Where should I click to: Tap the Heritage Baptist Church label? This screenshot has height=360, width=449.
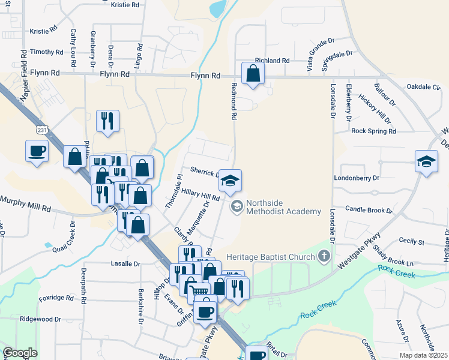pos(270,257)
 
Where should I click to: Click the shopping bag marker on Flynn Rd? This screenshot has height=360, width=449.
pos(253,74)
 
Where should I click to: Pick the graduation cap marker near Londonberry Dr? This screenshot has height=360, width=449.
pos(426,161)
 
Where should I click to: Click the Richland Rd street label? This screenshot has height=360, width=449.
pos(272,61)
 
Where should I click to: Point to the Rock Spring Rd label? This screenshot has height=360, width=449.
pos(374,131)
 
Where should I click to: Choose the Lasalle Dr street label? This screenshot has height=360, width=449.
pos(125,263)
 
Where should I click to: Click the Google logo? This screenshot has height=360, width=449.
pos(20,353)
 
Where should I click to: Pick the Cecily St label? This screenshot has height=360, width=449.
pos(412,242)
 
